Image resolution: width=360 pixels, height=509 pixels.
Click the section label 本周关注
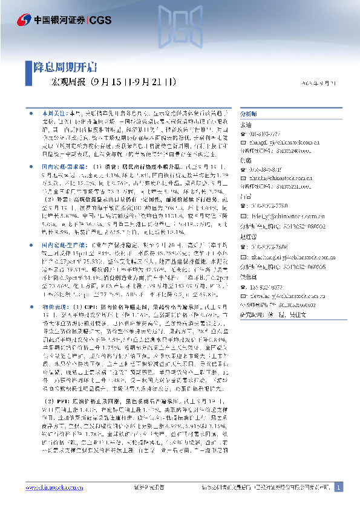(53, 113)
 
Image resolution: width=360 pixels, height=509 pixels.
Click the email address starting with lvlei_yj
(275, 215)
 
